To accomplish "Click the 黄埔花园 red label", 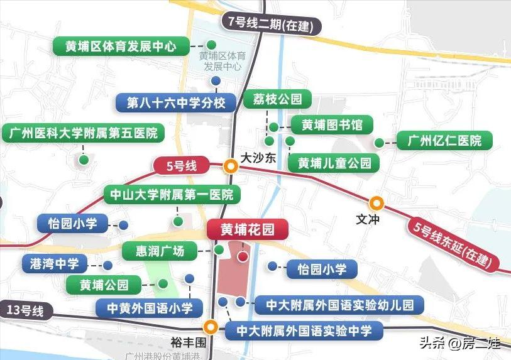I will (247, 230).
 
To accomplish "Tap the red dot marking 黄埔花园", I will (242, 256).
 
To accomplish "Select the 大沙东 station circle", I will (231, 166).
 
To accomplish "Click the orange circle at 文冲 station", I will (376, 203).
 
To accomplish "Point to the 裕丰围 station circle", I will (211, 327).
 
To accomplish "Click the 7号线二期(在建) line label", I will (272, 25).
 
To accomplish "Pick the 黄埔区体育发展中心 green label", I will (120, 46).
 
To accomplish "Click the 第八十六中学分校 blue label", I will (175, 102).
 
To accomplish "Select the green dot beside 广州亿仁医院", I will (379, 143).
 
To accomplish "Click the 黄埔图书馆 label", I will (332, 124).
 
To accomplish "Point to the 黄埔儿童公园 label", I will (334, 163).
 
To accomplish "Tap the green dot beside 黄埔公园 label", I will (163, 283).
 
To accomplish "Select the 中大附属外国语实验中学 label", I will (304, 330).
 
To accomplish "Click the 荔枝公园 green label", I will (277, 99).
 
